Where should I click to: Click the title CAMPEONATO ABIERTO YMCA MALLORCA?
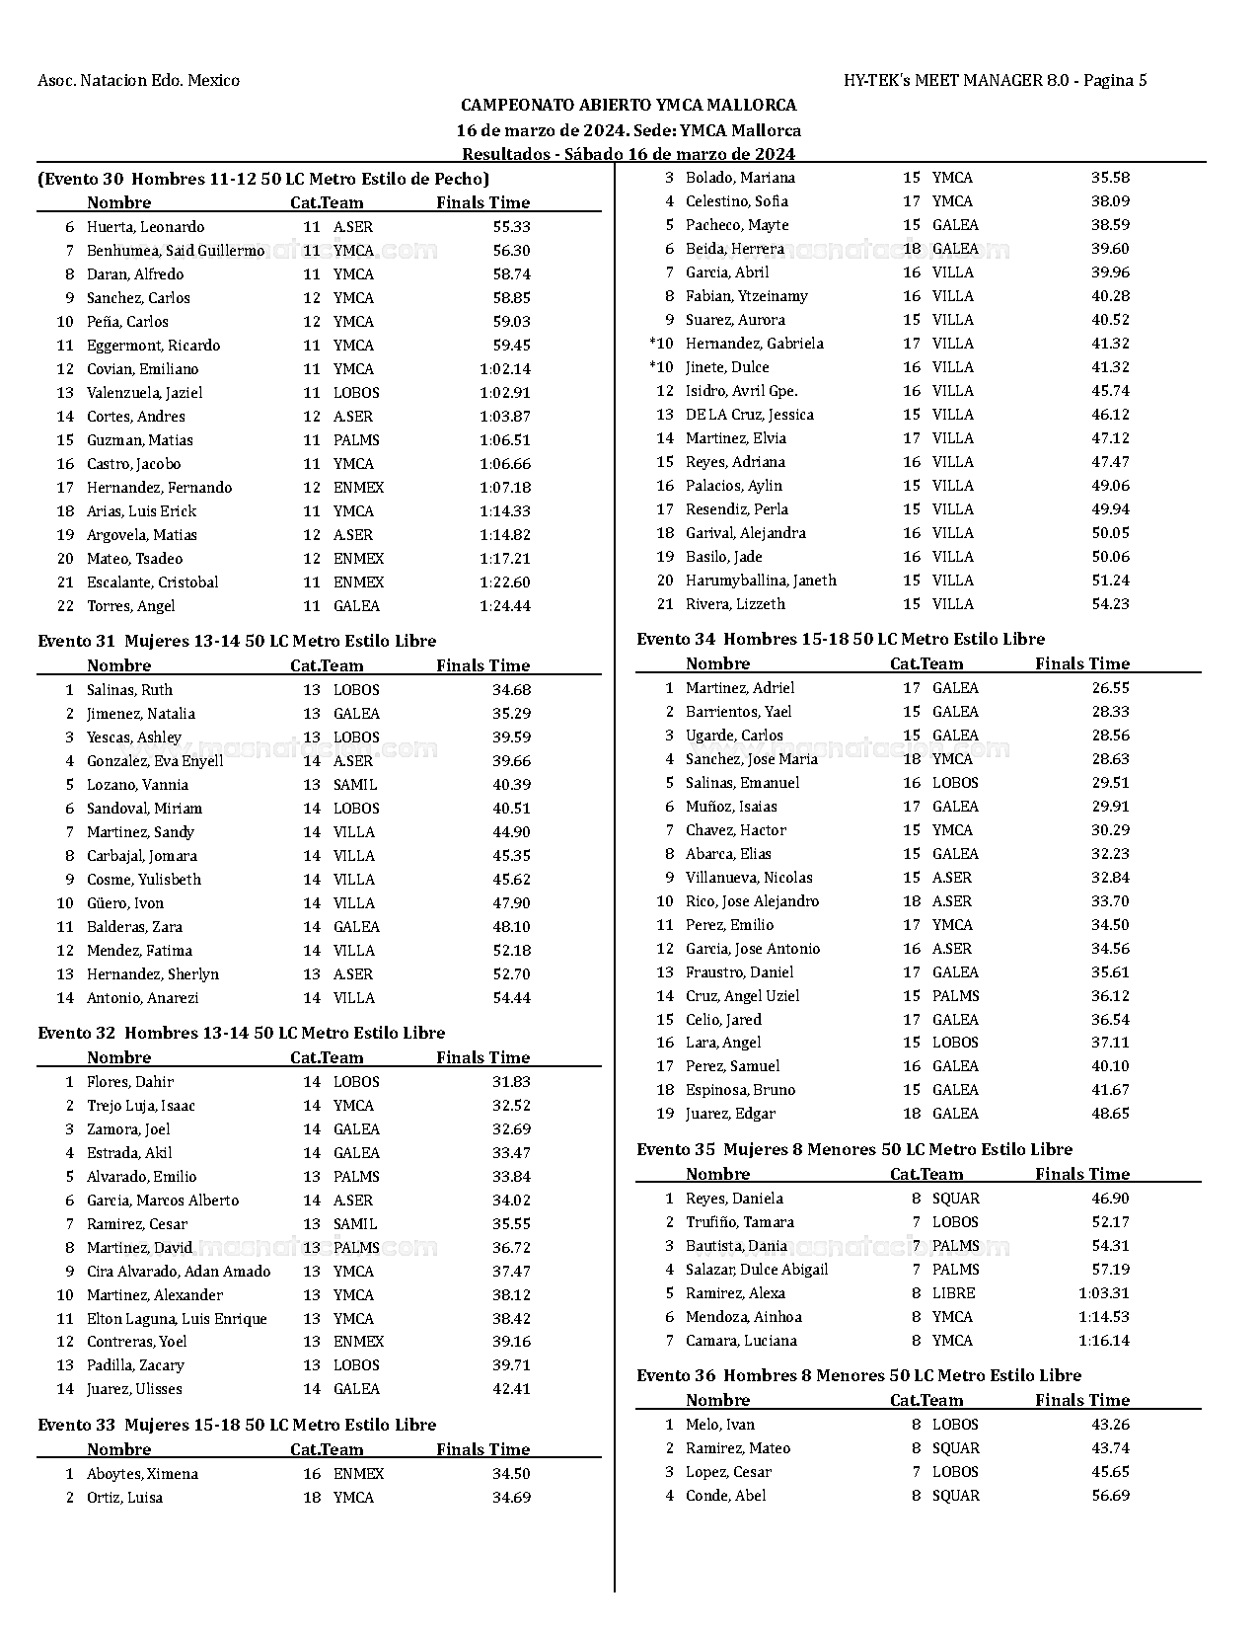629,105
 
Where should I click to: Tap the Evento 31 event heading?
237,641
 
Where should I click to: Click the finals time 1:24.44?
504,606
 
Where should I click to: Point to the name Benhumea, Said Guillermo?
176,251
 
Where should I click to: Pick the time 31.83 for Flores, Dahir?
511,1082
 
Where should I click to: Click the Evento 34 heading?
841,639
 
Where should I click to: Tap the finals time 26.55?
1110,688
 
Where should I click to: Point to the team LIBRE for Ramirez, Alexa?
953,1293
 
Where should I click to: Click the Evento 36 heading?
858,1375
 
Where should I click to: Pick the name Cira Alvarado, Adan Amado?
179,1272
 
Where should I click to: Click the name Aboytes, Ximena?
142,1474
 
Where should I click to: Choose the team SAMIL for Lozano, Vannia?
355,785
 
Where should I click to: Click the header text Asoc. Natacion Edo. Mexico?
138,80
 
